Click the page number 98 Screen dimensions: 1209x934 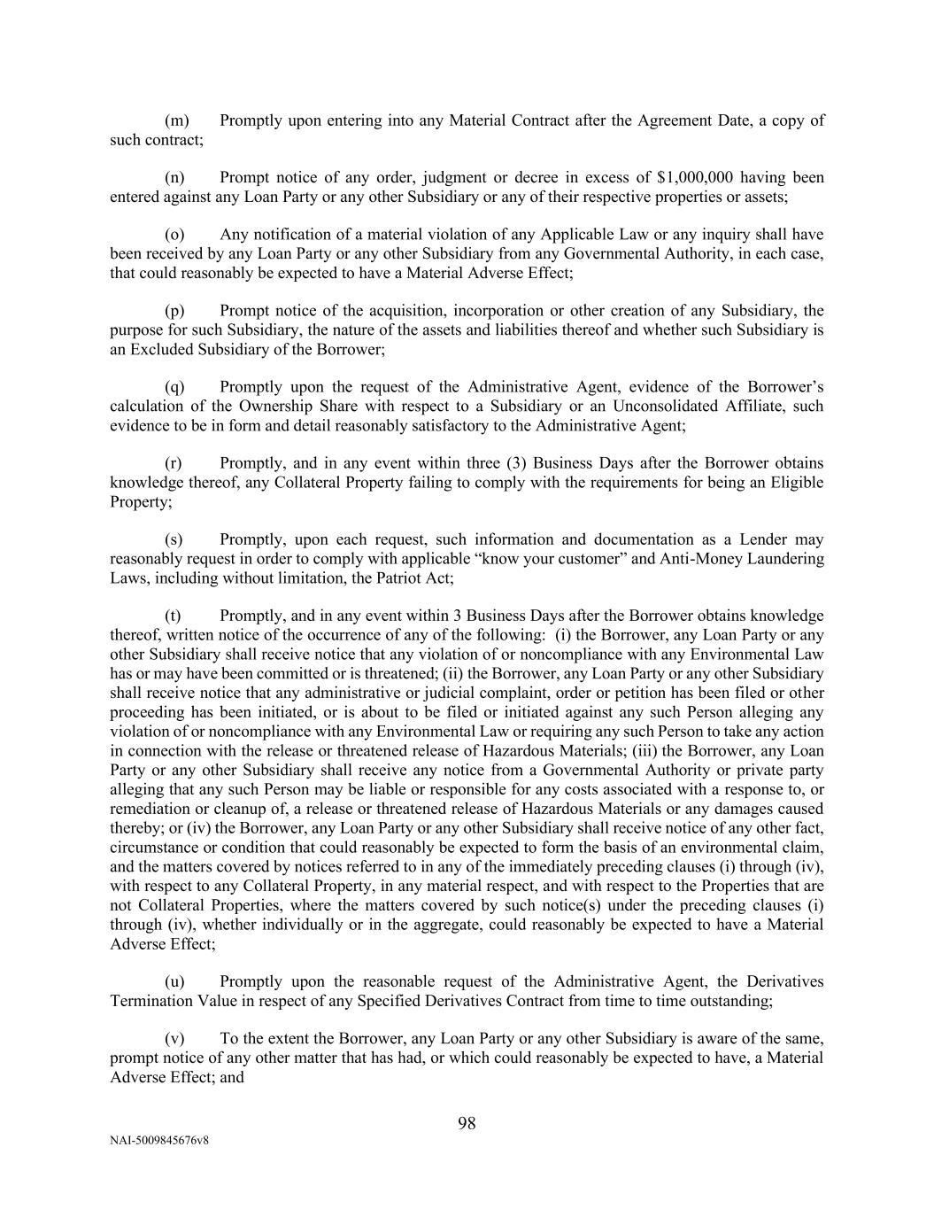click(467, 1123)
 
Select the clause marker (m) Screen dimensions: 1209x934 click(178, 120)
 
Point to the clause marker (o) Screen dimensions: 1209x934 click(175, 235)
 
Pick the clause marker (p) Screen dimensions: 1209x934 click(175, 311)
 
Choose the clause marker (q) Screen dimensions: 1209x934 click(175, 387)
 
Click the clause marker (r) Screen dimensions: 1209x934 click(174, 463)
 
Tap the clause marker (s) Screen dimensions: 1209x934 click(174, 539)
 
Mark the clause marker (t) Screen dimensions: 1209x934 click(174, 616)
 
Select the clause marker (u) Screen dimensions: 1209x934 click(175, 981)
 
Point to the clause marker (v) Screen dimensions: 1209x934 click(175, 1038)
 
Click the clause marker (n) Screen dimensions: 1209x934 click(175, 178)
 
